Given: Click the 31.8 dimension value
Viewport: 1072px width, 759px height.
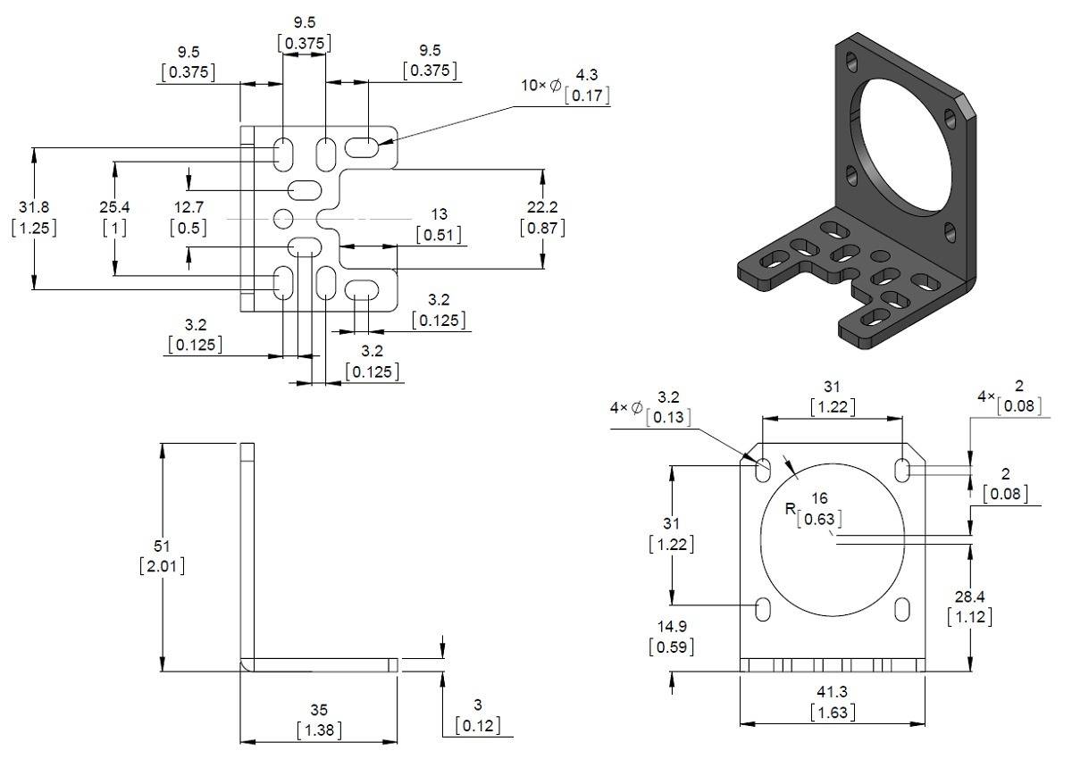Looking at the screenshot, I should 34,207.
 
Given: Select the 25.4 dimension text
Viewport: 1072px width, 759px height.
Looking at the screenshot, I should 114,207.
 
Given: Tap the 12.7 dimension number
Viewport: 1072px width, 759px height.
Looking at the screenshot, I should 188,207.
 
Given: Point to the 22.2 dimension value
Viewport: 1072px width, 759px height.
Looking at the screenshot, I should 542,207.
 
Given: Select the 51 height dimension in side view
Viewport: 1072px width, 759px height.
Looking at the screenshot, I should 163,546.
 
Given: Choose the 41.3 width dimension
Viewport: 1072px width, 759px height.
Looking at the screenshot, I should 832,692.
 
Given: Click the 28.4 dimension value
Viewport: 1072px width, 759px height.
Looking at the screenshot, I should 969,596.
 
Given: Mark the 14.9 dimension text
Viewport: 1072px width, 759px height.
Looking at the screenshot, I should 671,626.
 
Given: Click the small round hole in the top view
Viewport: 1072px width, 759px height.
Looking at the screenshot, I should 283,218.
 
